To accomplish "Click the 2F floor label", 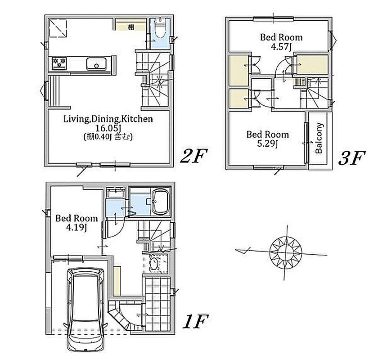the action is pos(194,156).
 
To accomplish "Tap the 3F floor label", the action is pos(352,158).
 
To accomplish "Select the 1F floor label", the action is pos(195,322).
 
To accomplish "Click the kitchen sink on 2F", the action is pos(96,63).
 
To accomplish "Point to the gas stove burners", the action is pos(59,63).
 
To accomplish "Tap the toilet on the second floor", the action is pos(160,28).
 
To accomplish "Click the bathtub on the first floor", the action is pos(161,202).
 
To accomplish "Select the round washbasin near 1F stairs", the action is pos(154,263).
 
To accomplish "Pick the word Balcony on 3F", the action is pos(319,138).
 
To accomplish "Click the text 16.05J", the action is pos(108,128).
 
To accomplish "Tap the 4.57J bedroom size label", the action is pos(281,46).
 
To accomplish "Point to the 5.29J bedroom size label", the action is pos(268,144).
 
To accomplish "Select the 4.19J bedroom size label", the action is pos(76,227).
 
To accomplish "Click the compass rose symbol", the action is pos(286,252).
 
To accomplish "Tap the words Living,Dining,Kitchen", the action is pos(108,119).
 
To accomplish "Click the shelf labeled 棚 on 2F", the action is pos(130,24).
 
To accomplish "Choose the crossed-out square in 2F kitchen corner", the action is pos(58,28).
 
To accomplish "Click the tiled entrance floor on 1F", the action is pos(157,304).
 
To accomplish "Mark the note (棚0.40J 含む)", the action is pos(108,137).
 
